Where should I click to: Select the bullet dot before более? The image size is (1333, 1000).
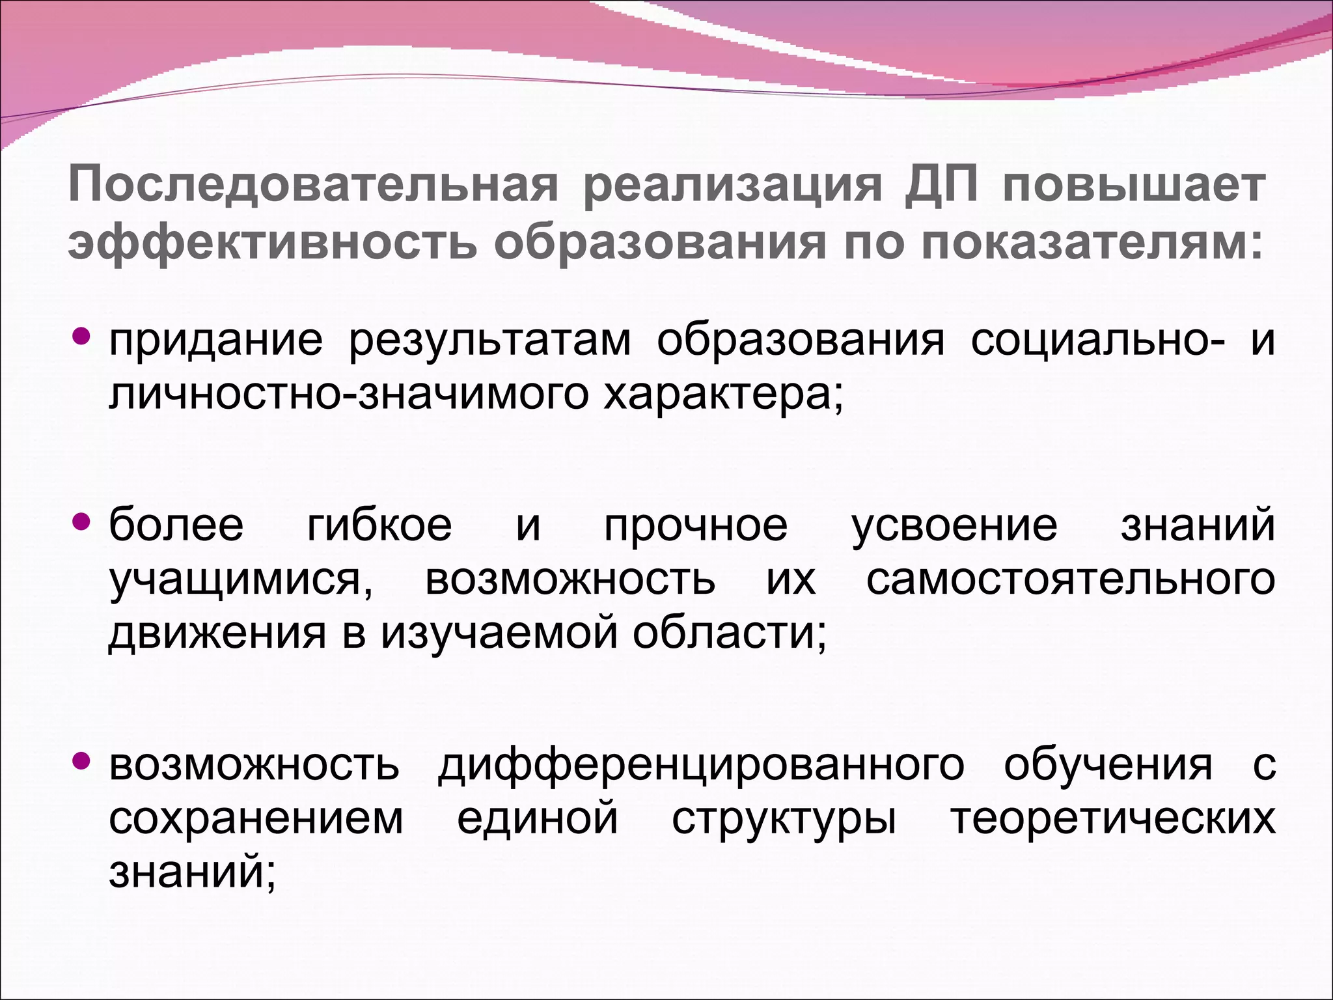82,521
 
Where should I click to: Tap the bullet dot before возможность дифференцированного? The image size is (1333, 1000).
82,760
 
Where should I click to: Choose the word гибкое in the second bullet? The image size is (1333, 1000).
379,525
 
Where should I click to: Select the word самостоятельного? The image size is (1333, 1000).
1070,579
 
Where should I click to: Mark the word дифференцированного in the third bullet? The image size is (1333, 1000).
701,765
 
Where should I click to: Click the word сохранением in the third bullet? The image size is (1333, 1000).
256,819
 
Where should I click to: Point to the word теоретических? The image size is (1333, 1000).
1112,819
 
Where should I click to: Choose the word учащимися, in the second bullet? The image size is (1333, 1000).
240,580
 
